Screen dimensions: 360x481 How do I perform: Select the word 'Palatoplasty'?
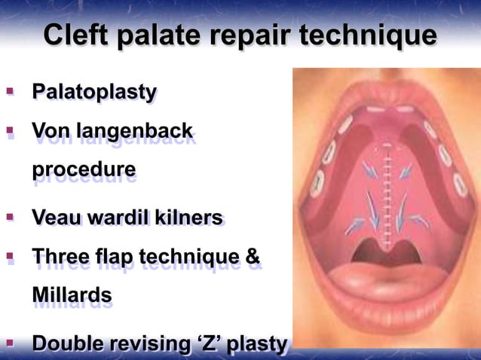(x=93, y=93)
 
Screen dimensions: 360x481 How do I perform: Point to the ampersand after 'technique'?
(x=253, y=260)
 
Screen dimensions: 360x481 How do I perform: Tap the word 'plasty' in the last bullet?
(x=258, y=344)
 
